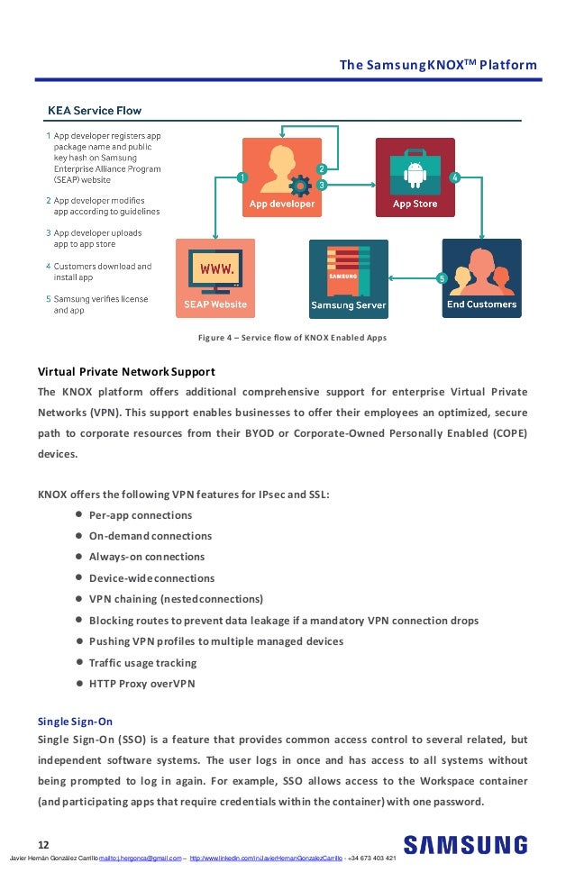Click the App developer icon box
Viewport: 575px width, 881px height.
tap(282, 177)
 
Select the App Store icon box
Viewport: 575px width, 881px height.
tap(415, 177)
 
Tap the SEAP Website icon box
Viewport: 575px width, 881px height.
tap(214, 277)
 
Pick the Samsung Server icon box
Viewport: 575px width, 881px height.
tap(348, 278)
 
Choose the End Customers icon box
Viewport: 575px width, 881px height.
tap(481, 277)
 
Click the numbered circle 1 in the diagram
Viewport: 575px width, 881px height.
tap(241, 177)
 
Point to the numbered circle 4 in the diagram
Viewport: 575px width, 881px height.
tap(455, 177)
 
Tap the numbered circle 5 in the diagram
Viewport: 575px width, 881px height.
tap(441, 278)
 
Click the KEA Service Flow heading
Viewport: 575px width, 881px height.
tap(94, 111)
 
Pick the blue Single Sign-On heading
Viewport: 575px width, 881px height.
tap(75, 722)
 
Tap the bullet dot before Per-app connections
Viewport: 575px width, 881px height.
tap(80, 514)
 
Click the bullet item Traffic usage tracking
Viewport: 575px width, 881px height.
tap(142, 662)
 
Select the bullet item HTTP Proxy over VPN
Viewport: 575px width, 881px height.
tap(141, 683)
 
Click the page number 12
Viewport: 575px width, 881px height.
tap(43, 844)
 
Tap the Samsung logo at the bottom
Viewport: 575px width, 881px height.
tap(465, 845)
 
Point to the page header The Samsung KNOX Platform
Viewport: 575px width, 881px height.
tap(437, 65)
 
